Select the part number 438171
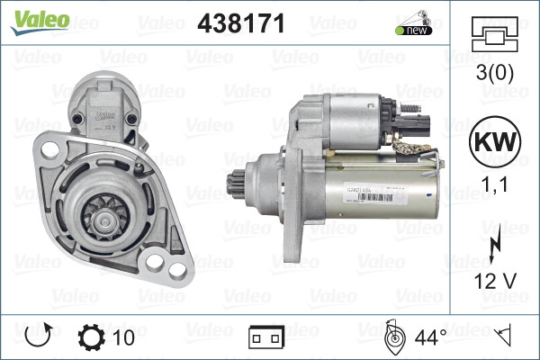coord(239,25)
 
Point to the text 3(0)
coord(495,72)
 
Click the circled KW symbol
coord(495,144)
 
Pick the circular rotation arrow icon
coord(37,337)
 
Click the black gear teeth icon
coord(92,337)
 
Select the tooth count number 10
coord(125,337)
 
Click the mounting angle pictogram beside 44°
coord(393,337)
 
